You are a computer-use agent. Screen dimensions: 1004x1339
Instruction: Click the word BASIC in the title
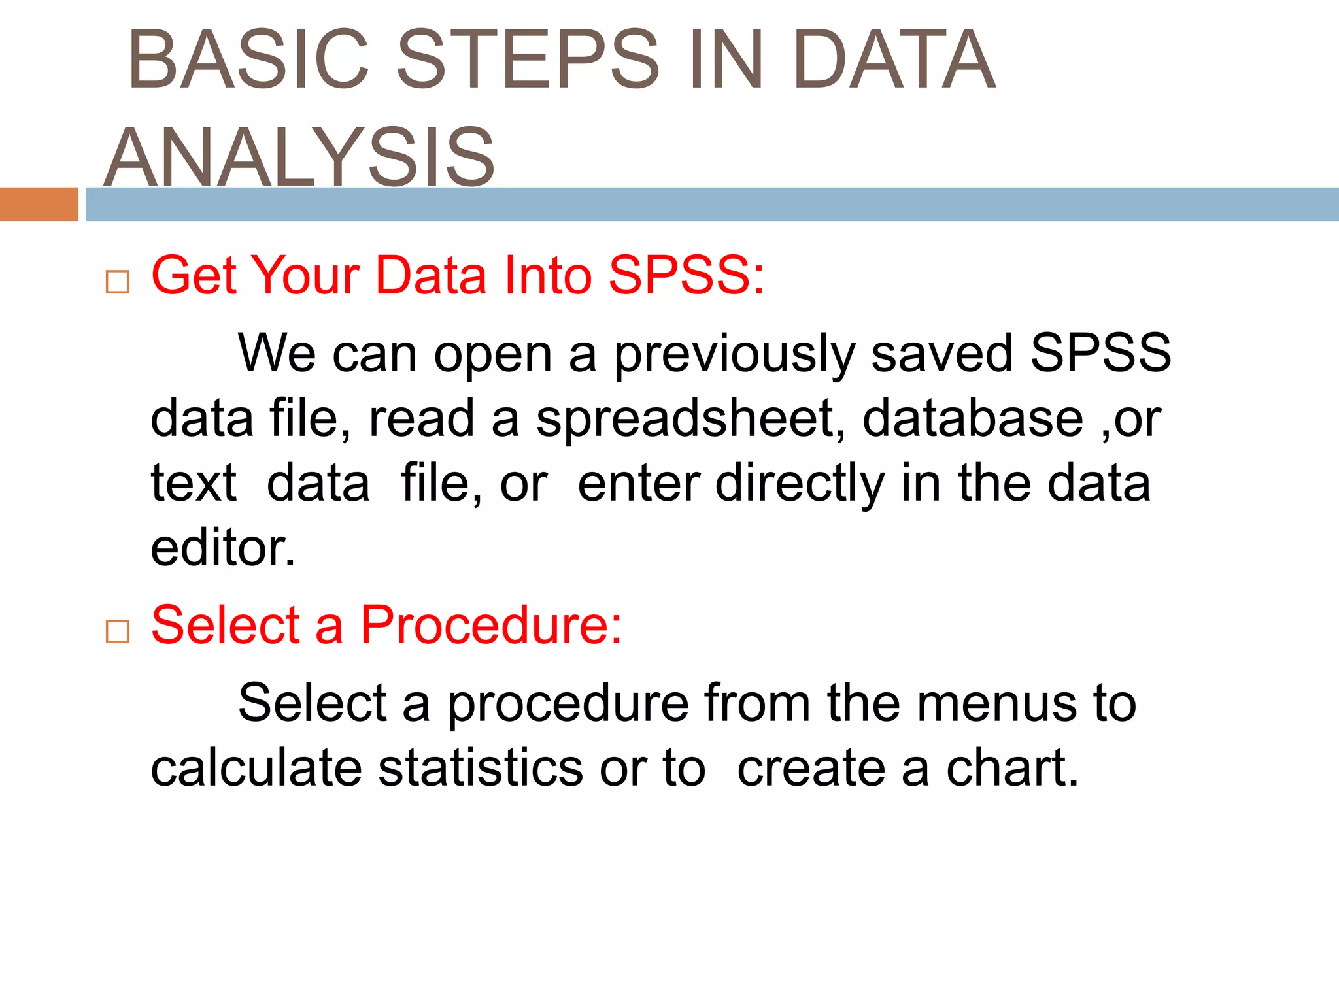tap(249, 59)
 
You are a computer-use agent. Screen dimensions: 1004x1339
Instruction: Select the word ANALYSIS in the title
tap(299, 158)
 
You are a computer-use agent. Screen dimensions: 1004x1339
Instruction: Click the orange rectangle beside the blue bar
tap(39, 204)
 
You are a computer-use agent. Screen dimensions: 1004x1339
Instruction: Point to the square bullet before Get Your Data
tap(118, 282)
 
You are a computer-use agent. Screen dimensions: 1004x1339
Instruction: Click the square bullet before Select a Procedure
tap(118, 631)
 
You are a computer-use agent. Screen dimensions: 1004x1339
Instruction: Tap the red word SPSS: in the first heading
tap(686, 275)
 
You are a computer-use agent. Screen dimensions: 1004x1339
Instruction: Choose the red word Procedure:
tap(491, 625)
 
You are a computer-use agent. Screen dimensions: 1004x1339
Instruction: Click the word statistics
tap(480, 768)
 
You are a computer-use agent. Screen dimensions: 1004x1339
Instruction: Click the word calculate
tap(256, 768)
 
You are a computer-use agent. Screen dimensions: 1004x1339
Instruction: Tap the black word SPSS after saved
tap(1100, 354)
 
